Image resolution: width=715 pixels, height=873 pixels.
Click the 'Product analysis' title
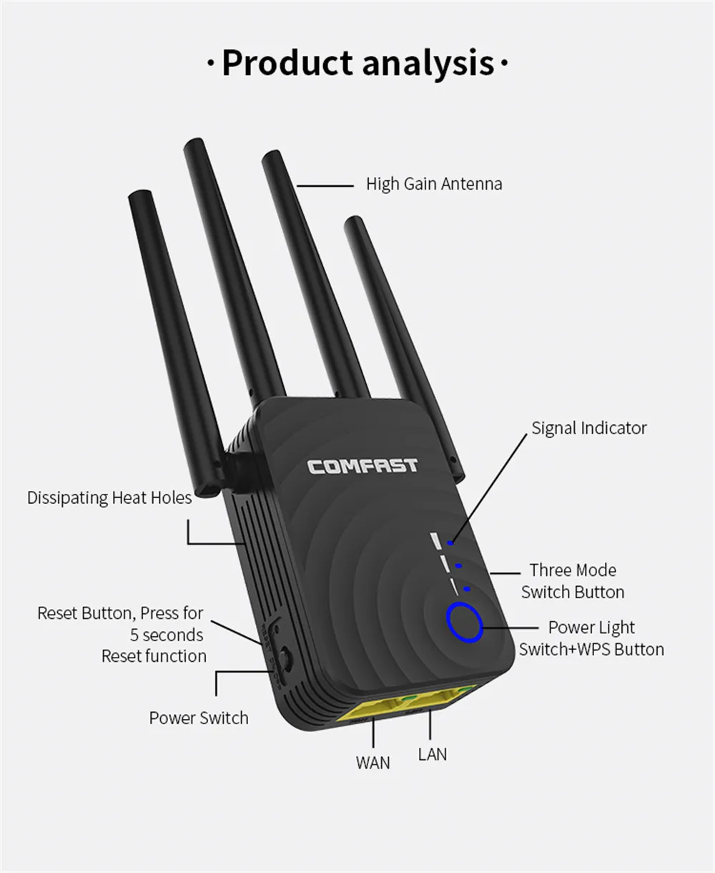pos(357,64)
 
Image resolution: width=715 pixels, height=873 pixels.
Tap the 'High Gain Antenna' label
pos(434,184)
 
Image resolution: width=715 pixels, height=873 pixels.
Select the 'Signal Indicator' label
pos(588,428)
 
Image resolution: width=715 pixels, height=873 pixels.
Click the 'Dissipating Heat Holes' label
pos(109,497)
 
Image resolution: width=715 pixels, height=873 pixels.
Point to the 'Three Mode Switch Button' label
pos(572,581)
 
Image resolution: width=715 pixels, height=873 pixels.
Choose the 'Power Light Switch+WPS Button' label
pos(591,638)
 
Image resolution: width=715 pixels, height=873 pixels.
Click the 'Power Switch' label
pos(199,718)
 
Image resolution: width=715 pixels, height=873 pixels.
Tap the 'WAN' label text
pos(373,763)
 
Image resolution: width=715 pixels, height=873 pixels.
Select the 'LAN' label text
pos(432,753)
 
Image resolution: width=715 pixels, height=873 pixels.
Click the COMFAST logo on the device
pos(363,467)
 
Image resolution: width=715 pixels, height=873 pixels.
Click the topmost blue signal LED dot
pos(450,544)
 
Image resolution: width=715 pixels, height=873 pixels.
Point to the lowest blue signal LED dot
pos(466,590)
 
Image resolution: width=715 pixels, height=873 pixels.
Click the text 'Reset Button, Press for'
pos(120,613)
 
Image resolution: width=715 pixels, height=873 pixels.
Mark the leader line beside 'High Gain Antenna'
pos(325,186)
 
